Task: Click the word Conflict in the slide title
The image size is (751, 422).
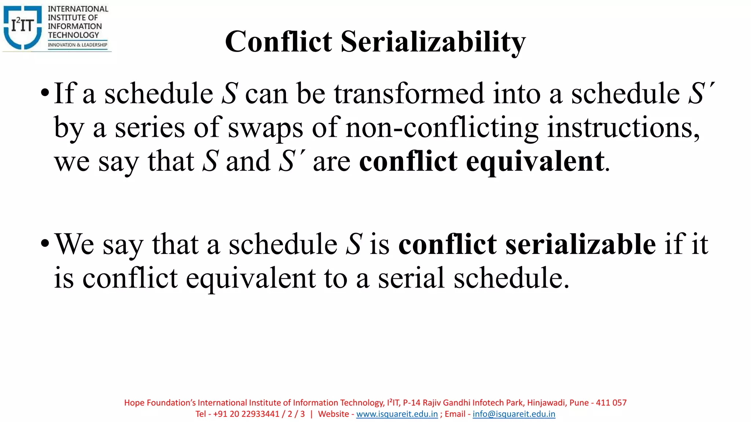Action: pos(279,41)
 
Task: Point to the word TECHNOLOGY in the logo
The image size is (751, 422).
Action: pos(73,35)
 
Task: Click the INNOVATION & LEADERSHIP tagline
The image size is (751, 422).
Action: pos(78,45)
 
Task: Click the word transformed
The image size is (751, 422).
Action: pos(409,93)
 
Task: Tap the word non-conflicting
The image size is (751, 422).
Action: pos(442,128)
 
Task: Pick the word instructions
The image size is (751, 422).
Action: pos(623,128)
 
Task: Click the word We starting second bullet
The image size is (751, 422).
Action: pos(74,244)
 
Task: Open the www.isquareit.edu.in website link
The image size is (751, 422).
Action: pos(397,414)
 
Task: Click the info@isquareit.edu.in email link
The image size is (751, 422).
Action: pos(514,414)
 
